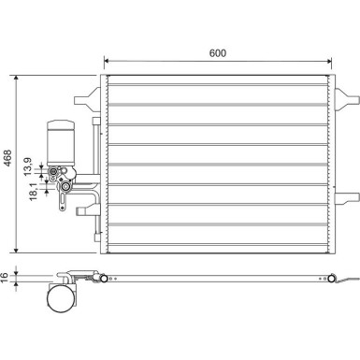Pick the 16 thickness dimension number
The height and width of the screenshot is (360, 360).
coord(6,277)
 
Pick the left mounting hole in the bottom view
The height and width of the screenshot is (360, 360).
coord(106,278)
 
